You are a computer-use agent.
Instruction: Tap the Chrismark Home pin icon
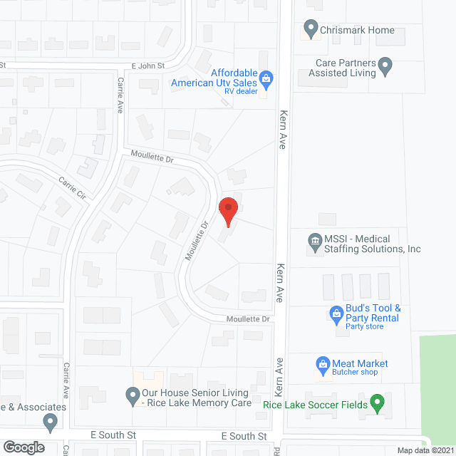pyautogui.click(x=310, y=29)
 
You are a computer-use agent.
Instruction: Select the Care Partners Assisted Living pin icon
pyautogui.click(x=385, y=68)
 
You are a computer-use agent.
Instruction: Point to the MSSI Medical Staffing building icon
pyautogui.click(x=314, y=244)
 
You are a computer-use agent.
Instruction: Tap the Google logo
pyautogui.click(x=23, y=447)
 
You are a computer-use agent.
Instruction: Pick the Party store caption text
pyautogui.click(x=364, y=326)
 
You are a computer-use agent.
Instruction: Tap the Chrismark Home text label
pyautogui.click(x=357, y=30)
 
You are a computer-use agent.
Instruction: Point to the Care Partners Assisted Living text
pyautogui.click(x=346, y=68)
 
